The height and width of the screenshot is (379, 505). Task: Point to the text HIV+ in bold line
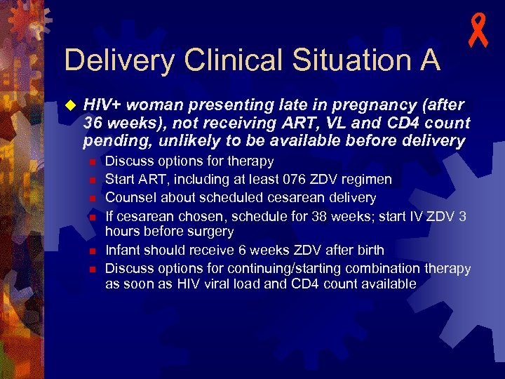click(x=101, y=105)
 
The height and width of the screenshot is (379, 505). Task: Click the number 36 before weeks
click(x=92, y=123)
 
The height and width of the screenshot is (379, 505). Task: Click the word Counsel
click(x=128, y=198)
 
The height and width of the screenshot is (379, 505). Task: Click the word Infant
click(x=123, y=250)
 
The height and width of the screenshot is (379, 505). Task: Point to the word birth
click(x=369, y=250)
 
